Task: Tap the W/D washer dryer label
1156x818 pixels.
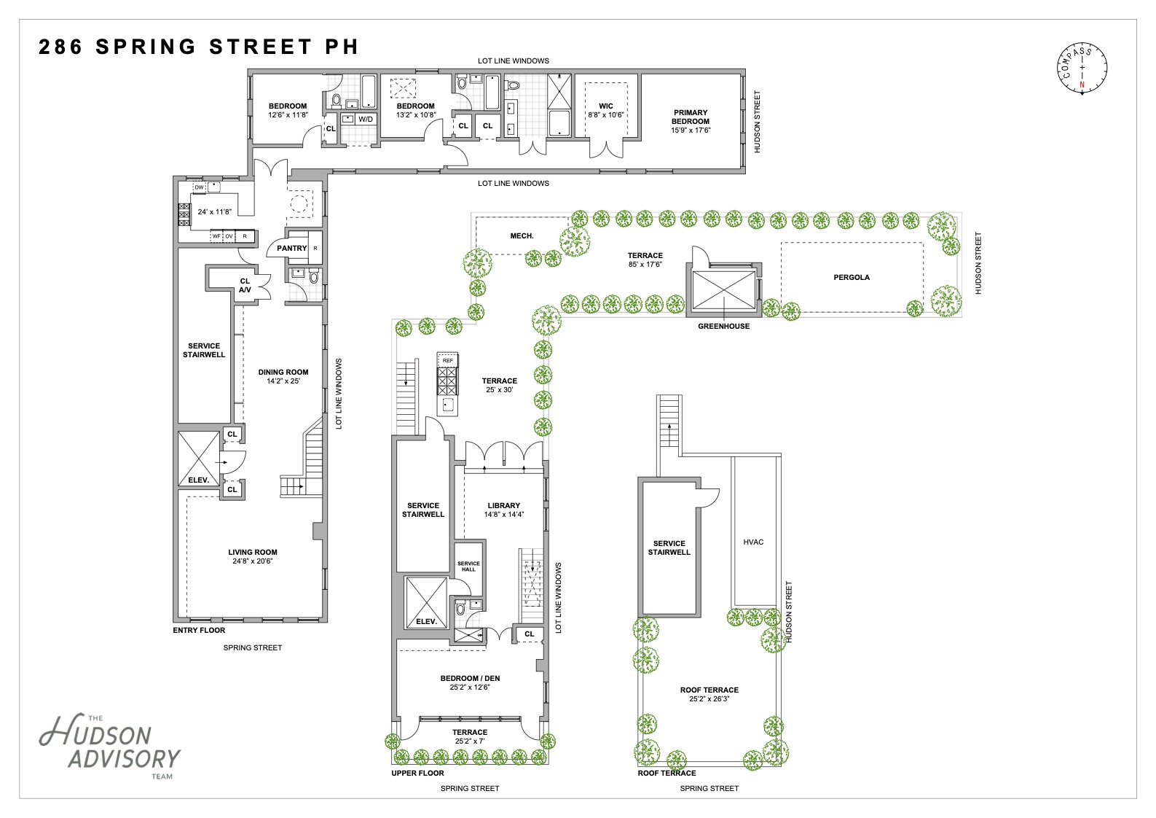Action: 366,120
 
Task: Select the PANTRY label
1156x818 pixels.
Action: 291,249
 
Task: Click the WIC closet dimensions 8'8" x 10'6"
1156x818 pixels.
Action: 606,115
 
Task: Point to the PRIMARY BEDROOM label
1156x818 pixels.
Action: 691,117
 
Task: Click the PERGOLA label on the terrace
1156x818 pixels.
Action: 852,277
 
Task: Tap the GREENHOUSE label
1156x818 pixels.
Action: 723,327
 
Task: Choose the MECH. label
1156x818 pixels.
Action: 522,236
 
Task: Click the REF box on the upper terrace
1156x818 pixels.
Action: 447,360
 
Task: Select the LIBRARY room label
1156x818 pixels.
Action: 503,505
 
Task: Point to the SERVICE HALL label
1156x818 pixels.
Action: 468,566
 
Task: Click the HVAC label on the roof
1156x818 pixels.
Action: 753,542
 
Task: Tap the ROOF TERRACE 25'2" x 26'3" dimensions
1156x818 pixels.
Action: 709,699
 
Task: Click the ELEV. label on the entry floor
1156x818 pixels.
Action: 198,480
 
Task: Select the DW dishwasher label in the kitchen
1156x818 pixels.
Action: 199,187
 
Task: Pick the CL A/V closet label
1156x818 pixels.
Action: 245,286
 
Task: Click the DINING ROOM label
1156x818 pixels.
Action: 283,373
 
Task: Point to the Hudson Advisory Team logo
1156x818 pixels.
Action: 110,746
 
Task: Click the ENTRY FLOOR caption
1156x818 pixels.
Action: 199,631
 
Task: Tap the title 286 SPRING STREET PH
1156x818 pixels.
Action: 198,47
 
